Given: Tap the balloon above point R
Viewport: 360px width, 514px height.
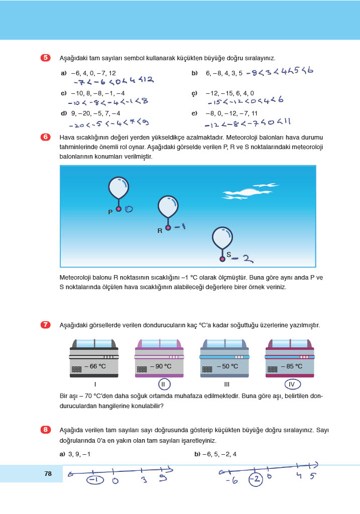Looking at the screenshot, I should [168, 206].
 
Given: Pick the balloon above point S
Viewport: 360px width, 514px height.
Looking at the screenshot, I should [222, 238].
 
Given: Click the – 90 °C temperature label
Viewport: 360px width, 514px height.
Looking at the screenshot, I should [160, 366].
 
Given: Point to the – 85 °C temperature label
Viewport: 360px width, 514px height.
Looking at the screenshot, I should [291, 366].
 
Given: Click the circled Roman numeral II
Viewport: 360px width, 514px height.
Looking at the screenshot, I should [164, 385].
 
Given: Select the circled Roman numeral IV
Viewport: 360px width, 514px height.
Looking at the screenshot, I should [292, 385].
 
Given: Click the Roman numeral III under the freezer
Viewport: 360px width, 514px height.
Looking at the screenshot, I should [227, 384].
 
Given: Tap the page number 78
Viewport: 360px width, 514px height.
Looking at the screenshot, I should [48, 473].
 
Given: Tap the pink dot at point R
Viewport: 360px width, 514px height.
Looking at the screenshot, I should [168, 228].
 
